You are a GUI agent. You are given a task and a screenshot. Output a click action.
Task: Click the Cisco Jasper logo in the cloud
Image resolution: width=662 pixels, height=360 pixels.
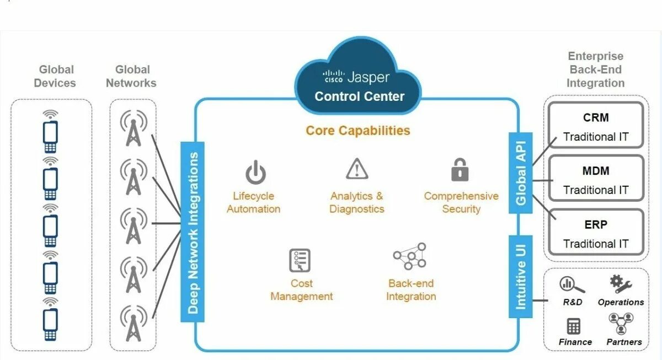tap(356, 77)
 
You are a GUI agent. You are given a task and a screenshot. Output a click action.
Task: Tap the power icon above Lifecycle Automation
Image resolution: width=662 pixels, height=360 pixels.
tap(255, 172)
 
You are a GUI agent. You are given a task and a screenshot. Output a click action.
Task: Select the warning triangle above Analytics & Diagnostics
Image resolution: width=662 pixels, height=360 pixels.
tap(357, 169)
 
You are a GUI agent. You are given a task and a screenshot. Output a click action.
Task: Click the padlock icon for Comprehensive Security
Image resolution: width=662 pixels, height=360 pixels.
tap(460, 170)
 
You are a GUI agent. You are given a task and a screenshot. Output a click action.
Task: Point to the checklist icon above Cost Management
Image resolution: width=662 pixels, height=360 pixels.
tap(300, 260)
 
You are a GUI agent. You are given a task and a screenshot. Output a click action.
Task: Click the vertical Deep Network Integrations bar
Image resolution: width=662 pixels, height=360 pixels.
tap(193, 232)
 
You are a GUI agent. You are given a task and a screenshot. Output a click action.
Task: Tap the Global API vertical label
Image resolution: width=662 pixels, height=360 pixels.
tap(520, 173)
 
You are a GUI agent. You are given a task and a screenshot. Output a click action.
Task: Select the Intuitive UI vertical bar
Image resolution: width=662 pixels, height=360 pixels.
tap(520, 276)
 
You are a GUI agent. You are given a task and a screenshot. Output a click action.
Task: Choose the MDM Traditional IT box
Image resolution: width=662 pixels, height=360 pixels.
tap(595, 179)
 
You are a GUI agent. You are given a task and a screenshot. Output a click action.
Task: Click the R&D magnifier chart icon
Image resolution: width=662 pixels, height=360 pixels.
tap(572, 285)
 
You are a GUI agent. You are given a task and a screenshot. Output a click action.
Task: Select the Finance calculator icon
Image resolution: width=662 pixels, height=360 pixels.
tap(574, 326)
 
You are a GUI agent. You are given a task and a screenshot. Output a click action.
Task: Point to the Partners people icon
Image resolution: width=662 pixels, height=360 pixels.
tap(621, 324)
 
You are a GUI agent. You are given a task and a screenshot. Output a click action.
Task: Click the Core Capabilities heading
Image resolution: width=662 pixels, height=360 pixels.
tap(358, 131)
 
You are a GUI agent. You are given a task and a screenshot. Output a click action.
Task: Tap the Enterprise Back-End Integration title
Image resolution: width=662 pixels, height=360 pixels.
tap(595, 69)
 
